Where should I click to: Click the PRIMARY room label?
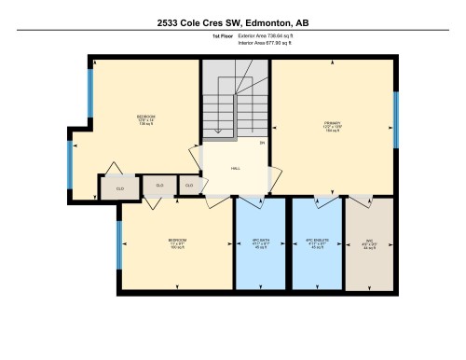tap(332, 125)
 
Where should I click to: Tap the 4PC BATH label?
tap(260, 244)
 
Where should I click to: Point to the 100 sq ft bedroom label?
tap(177, 244)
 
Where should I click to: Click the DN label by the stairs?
tap(262, 143)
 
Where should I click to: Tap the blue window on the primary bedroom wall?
tap(395, 120)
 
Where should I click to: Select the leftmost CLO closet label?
tap(119, 188)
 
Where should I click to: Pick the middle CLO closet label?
tap(159, 187)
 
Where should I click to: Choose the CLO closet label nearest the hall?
tap(189, 187)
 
